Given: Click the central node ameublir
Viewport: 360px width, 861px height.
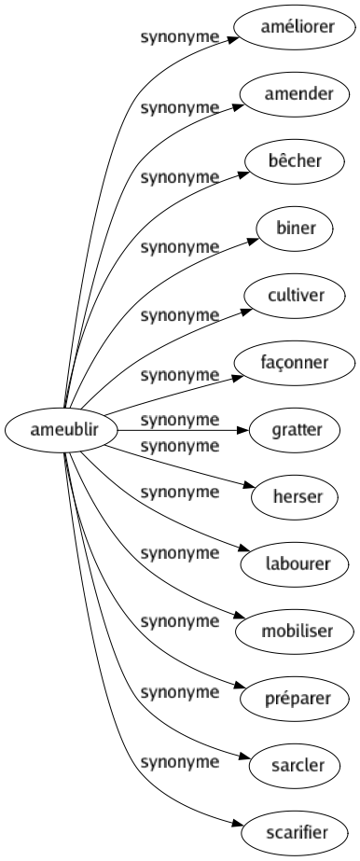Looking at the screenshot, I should (61, 430).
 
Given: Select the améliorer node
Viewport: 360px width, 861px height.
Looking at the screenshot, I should (297, 27).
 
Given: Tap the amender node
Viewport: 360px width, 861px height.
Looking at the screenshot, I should (297, 94).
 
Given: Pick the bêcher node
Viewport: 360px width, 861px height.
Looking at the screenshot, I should (297, 161).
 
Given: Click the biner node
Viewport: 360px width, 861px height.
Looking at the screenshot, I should (297, 229).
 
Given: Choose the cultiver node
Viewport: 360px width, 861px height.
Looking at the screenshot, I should (297, 296).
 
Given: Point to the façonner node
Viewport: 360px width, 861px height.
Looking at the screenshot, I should (297, 363).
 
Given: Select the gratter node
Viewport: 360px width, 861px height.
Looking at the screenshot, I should (297, 430).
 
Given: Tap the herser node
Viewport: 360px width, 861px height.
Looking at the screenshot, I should (297, 497).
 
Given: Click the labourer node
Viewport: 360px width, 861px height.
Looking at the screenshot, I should (297, 564).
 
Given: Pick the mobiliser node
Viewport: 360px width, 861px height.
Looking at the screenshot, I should (297, 632).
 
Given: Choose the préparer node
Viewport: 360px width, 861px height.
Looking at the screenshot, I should (297, 699).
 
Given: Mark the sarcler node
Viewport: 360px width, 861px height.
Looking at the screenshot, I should (297, 766).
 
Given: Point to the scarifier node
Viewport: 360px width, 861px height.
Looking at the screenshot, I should (297, 833).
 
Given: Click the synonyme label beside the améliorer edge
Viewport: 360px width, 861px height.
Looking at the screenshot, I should (179, 38).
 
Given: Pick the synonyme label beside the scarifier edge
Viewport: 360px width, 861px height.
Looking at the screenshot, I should (179, 763).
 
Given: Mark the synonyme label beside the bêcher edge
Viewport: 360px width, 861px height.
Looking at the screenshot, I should (179, 175).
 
